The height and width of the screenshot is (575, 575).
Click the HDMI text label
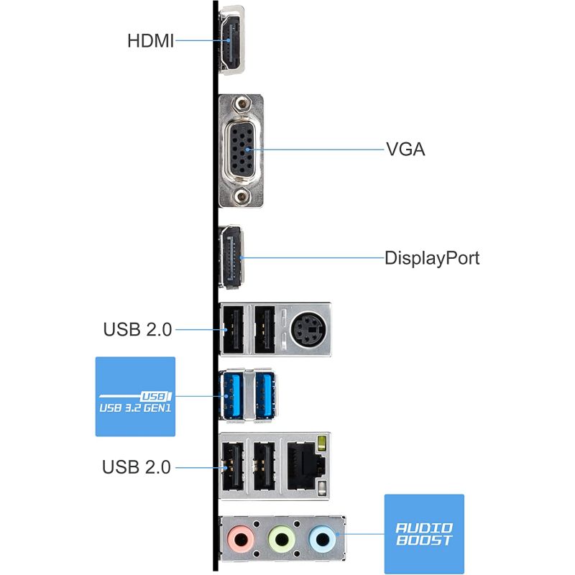click(150, 41)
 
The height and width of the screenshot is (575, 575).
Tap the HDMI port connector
click(231, 40)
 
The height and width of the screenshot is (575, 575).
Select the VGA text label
click(405, 149)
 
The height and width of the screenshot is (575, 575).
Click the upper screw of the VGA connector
click(241, 104)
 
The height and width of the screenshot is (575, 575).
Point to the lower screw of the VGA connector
click(241, 196)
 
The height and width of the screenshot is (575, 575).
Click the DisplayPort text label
click(432, 258)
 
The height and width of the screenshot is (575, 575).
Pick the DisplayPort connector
click(231, 257)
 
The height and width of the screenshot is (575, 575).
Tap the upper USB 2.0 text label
click(137, 329)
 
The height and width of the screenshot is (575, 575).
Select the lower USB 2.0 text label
click(137, 466)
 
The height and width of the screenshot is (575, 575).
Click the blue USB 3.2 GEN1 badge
click(135, 397)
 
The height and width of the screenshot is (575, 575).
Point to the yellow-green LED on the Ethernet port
click(322, 443)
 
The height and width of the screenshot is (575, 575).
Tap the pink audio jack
click(241, 540)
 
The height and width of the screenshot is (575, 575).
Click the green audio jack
click(282, 540)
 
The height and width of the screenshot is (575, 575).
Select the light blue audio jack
click(323, 540)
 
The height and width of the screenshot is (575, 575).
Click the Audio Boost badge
click(424, 534)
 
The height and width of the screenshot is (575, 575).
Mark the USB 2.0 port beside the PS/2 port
click(264, 330)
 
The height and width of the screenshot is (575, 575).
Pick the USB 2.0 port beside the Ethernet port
click(264, 466)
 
